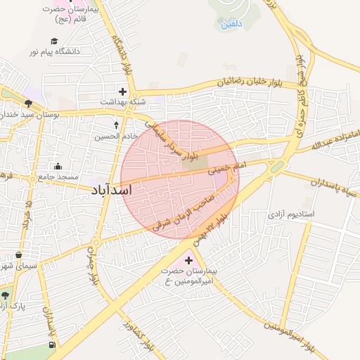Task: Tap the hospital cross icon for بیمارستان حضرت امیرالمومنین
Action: [188, 259]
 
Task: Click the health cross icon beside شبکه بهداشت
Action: [123, 91]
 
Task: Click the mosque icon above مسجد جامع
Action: [58, 166]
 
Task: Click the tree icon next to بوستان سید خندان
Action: [27, 103]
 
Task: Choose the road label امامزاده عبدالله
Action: [337, 140]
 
